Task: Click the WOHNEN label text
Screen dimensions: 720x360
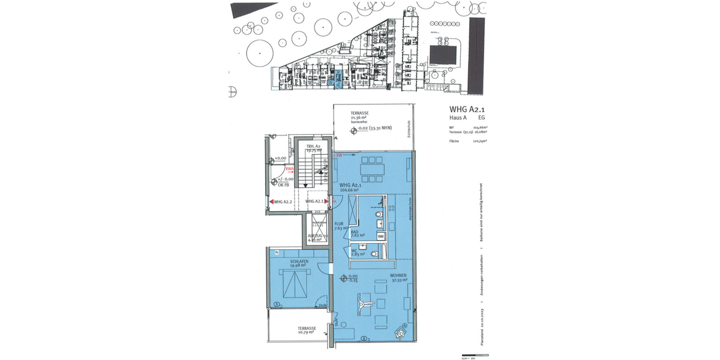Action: (x=397, y=275)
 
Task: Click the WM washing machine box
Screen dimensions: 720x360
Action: (x=381, y=237)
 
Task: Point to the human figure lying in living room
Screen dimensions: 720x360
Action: (x=363, y=304)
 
